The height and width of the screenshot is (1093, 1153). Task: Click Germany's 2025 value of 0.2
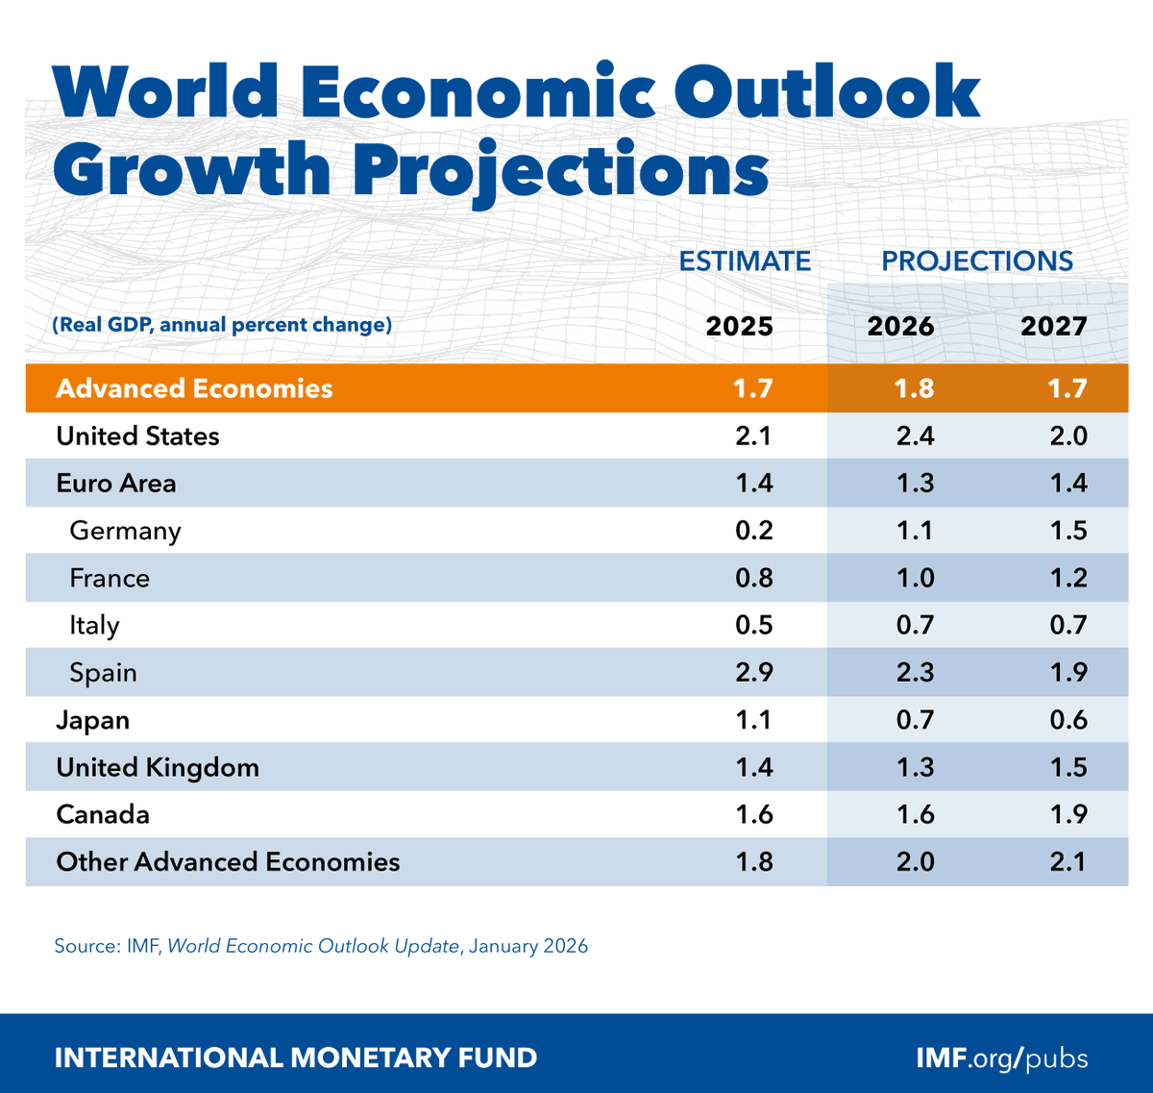pyautogui.click(x=753, y=531)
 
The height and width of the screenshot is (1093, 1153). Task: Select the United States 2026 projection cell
pyautogui.click(x=915, y=436)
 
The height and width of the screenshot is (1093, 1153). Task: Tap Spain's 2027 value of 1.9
pyautogui.click(x=1067, y=672)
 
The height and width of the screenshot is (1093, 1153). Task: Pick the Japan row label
pyautogui.click(x=92, y=720)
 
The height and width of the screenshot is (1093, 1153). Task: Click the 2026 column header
pyautogui.click(x=900, y=326)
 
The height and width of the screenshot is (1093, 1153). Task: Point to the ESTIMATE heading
pyautogui.click(x=745, y=261)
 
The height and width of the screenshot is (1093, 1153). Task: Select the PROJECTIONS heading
pyautogui.click(x=977, y=261)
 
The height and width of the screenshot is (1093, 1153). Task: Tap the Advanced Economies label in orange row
pyautogui.click(x=194, y=388)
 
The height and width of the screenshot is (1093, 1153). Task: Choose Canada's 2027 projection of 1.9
pyautogui.click(x=1067, y=814)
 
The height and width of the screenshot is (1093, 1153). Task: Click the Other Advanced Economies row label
pyautogui.click(x=228, y=861)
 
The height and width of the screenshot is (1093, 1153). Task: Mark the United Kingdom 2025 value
pyautogui.click(x=753, y=767)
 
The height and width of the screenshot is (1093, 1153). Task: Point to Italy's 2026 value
pyautogui.click(x=915, y=625)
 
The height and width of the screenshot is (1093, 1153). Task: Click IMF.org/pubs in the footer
pyautogui.click(x=1002, y=1058)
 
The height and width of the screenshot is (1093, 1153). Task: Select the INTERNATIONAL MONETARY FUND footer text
pyautogui.click(x=296, y=1058)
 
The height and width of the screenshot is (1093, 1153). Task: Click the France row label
pyautogui.click(x=110, y=578)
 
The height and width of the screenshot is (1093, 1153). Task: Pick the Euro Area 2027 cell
pyautogui.click(x=1067, y=484)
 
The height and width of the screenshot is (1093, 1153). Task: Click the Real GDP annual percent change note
pyautogui.click(x=222, y=325)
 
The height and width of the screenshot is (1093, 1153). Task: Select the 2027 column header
pyautogui.click(x=1053, y=326)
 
